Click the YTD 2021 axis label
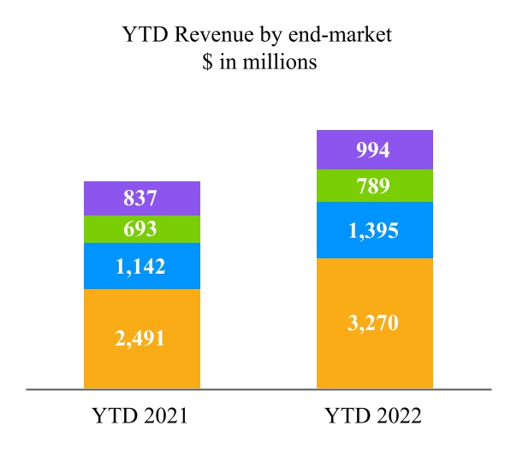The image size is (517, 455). click(142, 417)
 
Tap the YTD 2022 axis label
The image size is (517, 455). click(375, 417)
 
